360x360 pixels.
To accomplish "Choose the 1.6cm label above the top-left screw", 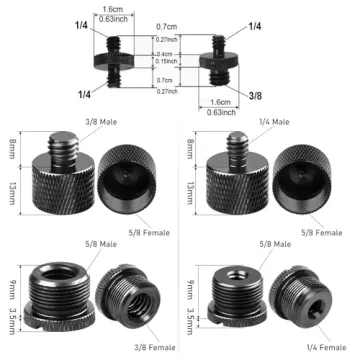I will [119, 7].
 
